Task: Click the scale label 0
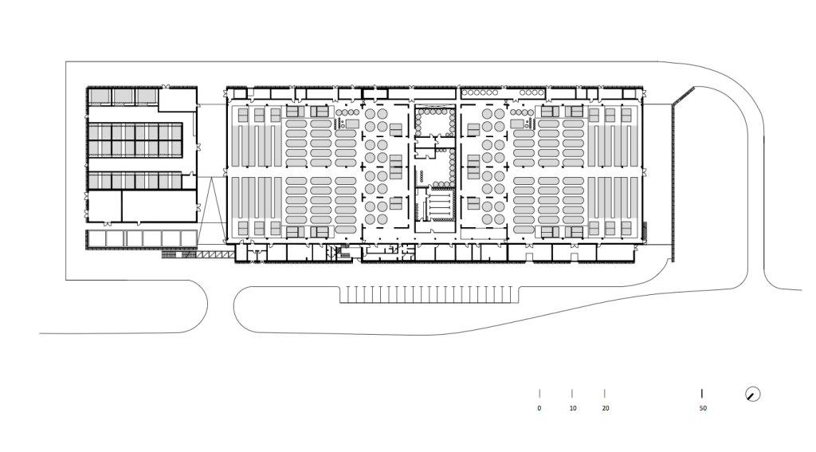click(x=539, y=408)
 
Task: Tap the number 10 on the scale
click(x=573, y=408)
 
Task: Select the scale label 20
click(x=606, y=408)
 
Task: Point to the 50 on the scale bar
click(x=703, y=408)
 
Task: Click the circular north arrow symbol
click(x=752, y=394)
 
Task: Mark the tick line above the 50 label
click(x=702, y=394)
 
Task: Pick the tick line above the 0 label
click(x=539, y=394)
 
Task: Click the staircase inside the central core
click(x=437, y=205)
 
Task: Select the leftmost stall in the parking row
click(x=344, y=294)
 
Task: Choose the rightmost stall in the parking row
click(x=515, y=294)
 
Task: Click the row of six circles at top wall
click(x=480, y=92)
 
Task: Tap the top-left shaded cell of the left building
click(x=100, y=96)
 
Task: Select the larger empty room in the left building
click(x=159, y=206)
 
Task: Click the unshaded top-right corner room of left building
click(x=178, y=99)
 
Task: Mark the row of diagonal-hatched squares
click(x=216, y=254)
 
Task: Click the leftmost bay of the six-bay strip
click(x=96, y=239)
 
